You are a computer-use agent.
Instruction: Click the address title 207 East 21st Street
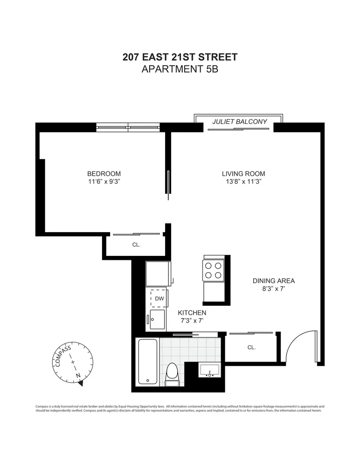pos(180,57)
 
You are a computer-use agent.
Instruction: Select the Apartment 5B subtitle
pos(180,70)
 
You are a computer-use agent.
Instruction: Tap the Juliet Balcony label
pos(240,122)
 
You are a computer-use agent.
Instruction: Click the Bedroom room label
pos(107,174)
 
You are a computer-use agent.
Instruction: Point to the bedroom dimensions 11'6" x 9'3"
pos(107,182)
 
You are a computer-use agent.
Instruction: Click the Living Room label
pos(243,174)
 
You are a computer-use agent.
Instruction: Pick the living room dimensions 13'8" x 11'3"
pos(243,182)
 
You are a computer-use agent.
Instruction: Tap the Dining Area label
pos(274,281)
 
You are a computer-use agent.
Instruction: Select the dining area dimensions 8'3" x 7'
pos(274,289)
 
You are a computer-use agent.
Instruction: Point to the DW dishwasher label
pos(159,298)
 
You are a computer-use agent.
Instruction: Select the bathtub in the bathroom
pos(147,362)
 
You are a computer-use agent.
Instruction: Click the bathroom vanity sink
pos(209,370)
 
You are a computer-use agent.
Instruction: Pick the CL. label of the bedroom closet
pos(136,245)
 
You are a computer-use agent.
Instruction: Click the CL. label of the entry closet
pos(251,347)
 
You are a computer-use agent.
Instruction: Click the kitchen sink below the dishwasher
pos(156,320)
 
